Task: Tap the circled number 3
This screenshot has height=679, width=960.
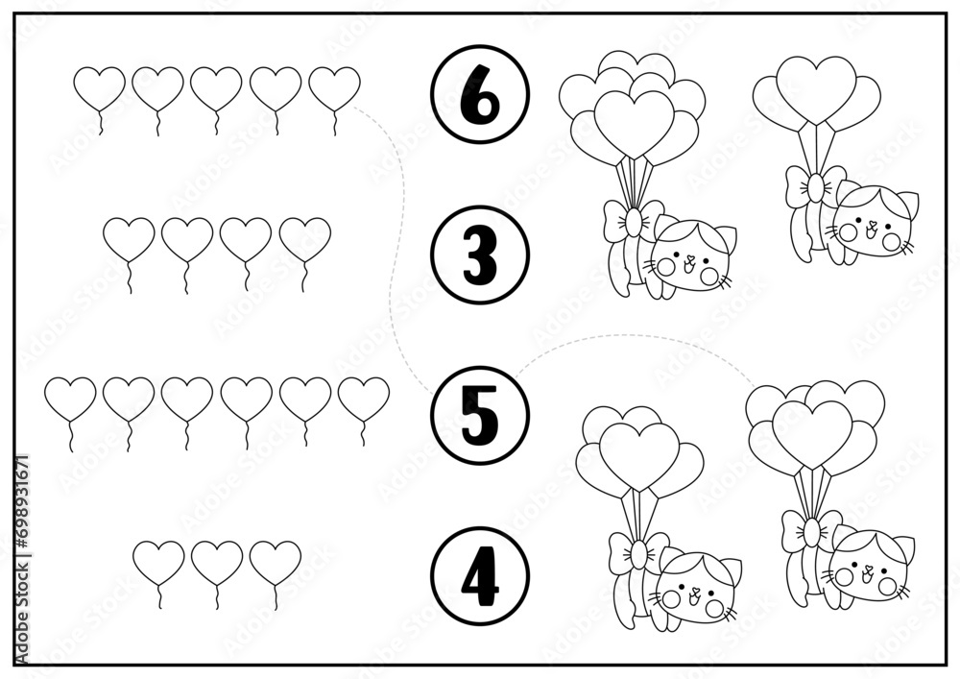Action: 480,255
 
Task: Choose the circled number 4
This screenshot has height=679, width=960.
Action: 480,574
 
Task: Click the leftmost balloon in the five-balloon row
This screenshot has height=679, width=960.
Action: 100,87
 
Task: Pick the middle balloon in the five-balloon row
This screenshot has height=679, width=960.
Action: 216,87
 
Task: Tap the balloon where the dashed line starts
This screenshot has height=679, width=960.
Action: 335,87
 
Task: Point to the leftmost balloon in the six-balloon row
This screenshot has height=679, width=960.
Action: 71,398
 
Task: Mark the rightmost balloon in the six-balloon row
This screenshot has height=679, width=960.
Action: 364,398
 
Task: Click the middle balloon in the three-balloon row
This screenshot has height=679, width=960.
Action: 216,561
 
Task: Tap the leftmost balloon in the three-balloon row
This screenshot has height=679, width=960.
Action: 158,561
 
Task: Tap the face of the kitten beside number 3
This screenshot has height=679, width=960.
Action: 691,263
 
